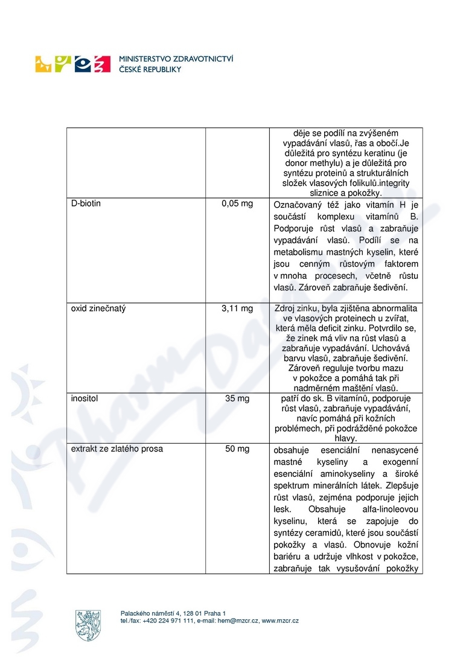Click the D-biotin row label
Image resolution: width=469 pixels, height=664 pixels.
click(x=86, y=203)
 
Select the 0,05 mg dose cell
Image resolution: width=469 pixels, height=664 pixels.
click(x=237, y=203)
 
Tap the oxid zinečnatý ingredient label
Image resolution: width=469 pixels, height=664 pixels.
click(x=98, y=308)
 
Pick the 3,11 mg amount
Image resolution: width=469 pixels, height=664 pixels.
click(x=237, y=308)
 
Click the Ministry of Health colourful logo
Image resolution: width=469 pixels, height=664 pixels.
click(x=73, y=63)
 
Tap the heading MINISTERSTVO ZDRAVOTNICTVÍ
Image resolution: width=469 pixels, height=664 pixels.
click(x=177, y=59)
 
